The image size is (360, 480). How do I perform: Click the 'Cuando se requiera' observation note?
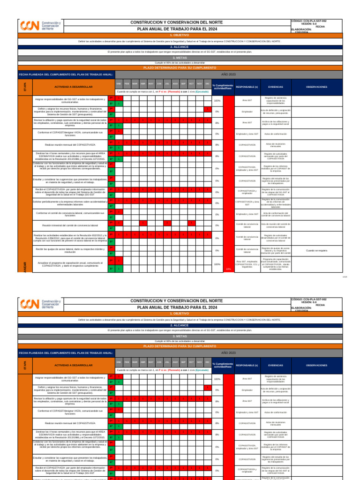pyautogui.click(x=317, y=250)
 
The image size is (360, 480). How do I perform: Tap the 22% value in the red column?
pyautogui.click(x=228, y=269)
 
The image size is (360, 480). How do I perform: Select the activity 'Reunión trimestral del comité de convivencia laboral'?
pyautogui.click(x=69, y=225)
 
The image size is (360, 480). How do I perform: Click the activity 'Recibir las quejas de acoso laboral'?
pyautogui.click(x=69, y=250)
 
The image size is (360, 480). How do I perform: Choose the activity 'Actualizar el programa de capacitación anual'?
pyautogui.click(x=69, y=264)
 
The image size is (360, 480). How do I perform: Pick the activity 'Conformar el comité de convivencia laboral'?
pyautogui.click(x=69, y=214)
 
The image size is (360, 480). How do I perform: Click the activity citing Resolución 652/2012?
pyautogui.click(x=69, y=238)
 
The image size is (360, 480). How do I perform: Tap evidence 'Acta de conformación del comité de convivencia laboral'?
pyautogui.click(x=276, y=214)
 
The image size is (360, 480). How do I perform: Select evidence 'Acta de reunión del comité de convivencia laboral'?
pyautogui.click(x=276, y=225)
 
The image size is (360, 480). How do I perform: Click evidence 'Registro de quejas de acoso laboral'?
pyautogui.click(x=276, y=250)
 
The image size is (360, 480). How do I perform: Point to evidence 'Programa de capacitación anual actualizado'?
pyautogui.click(x=276, y=264)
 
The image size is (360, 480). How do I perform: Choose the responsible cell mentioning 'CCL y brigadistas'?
pyautogui.click(x=247, y=264)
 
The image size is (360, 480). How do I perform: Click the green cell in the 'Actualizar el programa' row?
pyautogui.click(x=120, y=269)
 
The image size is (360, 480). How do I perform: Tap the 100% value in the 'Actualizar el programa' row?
pyautogui.click(x=217, y=264)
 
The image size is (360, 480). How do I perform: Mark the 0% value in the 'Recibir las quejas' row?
pyautogui.click(x=217, y=250)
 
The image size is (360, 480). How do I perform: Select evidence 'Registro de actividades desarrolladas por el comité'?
pyautogui.click(x=276, y=238)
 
